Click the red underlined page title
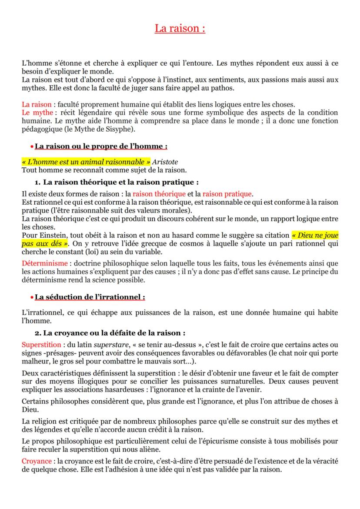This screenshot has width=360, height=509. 180,29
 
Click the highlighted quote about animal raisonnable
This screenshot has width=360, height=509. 86,161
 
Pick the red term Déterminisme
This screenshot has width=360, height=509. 45,263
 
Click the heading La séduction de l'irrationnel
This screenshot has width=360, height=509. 90,297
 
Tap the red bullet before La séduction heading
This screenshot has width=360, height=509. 32,298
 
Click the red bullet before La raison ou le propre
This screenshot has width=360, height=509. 32,146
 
